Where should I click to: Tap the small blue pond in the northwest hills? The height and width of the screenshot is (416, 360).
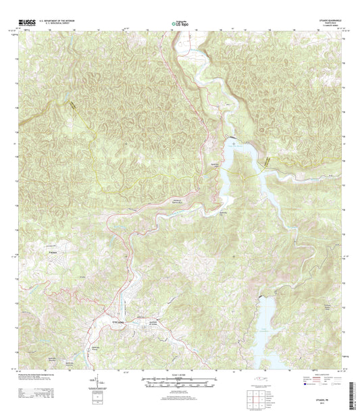(x=72, y=103)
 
